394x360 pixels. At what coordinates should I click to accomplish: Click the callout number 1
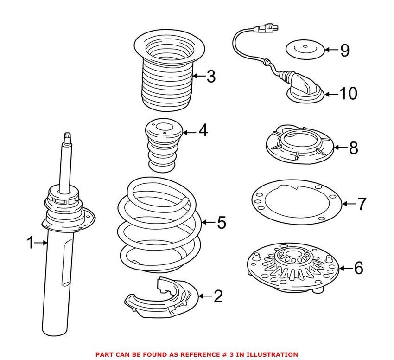pyautogui.click(x=30, y=242)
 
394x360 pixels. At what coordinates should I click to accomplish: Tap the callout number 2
pyautogui.click(x=217, y=296)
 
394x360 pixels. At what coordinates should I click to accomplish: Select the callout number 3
pyautogui.click(x=211, y=76)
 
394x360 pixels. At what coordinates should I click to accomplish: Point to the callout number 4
pyautogui.click(x=203, y=131)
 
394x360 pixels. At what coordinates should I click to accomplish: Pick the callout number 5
pyautogui.click(x=221, y=223)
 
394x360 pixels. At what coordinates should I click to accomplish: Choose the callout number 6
pyautogui.click(x=358, y=268)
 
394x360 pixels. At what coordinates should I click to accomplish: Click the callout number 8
pyautogui.click(x=353, y=148)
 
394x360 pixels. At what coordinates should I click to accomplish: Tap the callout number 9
pyautogui.click(x=344, y=50)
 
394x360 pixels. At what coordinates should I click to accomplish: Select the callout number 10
pyautogui.click(x=348, y=94)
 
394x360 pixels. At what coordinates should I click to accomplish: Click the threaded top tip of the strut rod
pyautogui.click(x=67, y=137)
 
